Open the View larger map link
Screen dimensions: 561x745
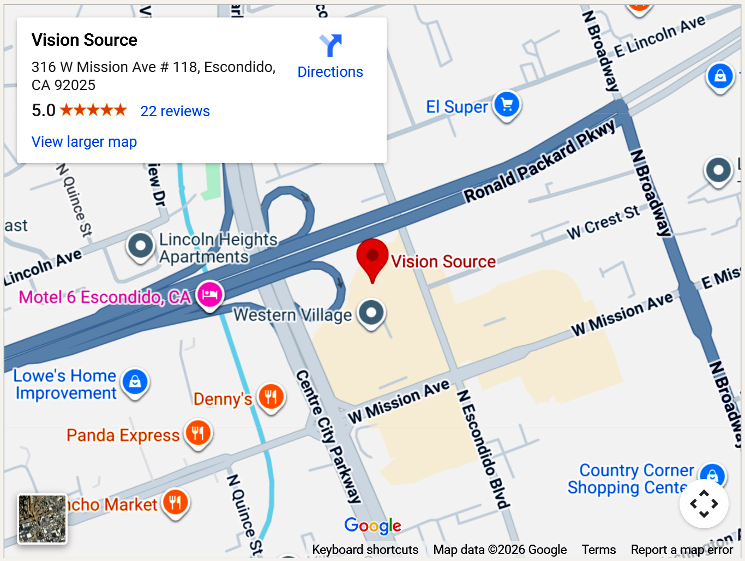tap(84, 142)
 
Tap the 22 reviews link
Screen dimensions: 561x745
tap(175, 111)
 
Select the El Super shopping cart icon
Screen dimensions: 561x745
tap(507, 105)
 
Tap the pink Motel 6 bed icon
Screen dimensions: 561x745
tap(210, 295)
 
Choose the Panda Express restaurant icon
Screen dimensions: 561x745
tap(198, 433)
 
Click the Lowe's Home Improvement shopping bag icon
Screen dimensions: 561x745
tap(135, 382)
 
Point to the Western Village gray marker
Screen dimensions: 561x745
tap(371, 313)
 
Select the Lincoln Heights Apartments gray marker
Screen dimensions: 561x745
tap(141, 246)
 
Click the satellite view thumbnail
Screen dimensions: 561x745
tap(43, 519)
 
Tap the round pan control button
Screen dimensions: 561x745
tap(704, 503)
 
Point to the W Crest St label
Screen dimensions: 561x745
tap(603, 223)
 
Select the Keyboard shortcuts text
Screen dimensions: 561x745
tap(365, 550)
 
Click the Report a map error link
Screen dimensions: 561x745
tap(682, 550)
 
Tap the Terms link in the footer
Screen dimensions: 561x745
tap(598, 550)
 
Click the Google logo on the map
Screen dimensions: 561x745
tap(372, 526)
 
